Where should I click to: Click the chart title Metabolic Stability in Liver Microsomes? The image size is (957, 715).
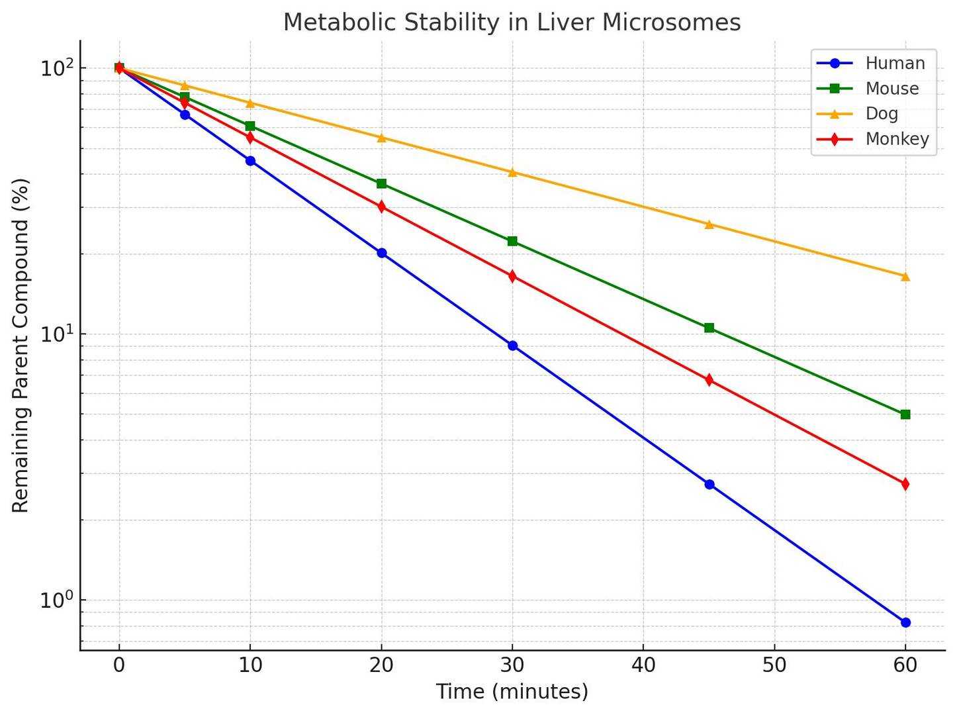click(512, 23)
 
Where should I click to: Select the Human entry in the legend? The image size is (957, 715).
click(895, 64)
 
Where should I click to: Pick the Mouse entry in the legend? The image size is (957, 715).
click(891, 89)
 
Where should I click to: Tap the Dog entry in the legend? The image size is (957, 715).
click(882, 114)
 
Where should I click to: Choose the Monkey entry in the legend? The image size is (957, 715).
click(897, 139)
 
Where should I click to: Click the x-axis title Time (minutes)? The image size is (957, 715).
click(512, 692)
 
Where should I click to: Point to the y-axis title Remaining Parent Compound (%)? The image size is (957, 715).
click(21, 345)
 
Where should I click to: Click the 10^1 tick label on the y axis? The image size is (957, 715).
click(55, 334)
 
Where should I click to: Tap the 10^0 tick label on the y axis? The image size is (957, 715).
click(55, 600)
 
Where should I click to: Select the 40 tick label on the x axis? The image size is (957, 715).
click(643, 665)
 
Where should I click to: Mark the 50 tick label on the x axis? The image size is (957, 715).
click(774, 665)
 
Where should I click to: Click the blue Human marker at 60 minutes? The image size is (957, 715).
click(905, 622)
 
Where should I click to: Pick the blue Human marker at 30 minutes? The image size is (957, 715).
click(512, 346)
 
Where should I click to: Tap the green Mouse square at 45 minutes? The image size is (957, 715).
click(709, 328)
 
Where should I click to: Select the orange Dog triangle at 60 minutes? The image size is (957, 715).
click(905, 277)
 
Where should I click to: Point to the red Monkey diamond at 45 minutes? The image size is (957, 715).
click(709, 380)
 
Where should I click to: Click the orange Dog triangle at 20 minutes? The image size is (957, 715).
click(381, 138)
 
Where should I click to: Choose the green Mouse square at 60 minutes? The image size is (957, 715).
click(905, 414)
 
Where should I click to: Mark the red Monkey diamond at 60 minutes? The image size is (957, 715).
click(905, 484)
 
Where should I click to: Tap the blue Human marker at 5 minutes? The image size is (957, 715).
click(185, 115)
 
